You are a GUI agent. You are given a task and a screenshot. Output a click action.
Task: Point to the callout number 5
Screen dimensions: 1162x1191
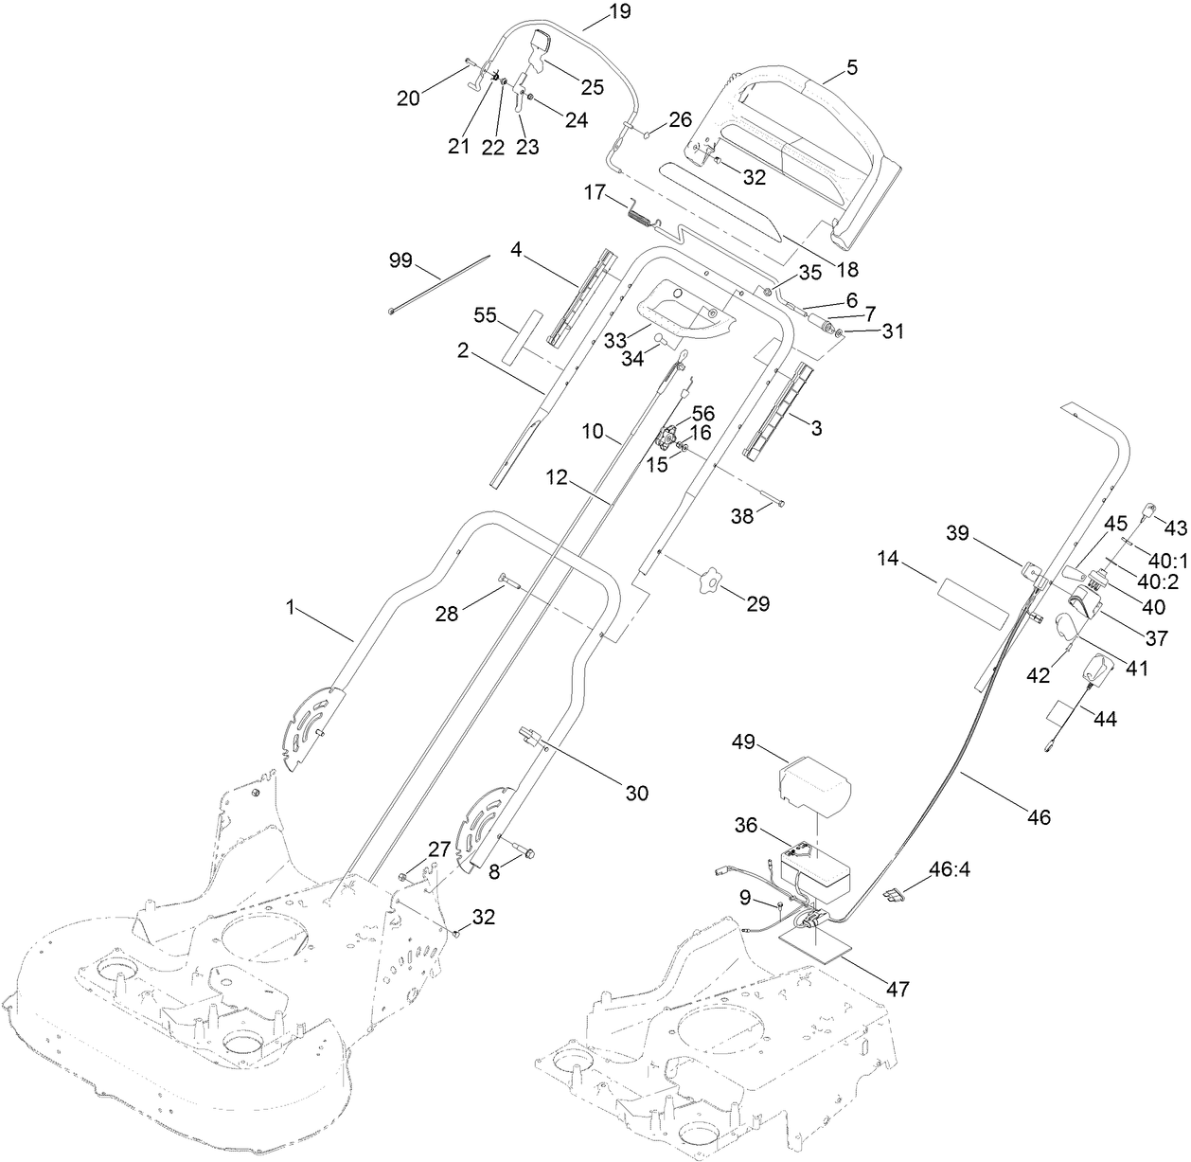[851, 67]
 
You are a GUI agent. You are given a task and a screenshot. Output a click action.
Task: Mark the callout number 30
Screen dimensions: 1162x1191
[637, 793]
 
